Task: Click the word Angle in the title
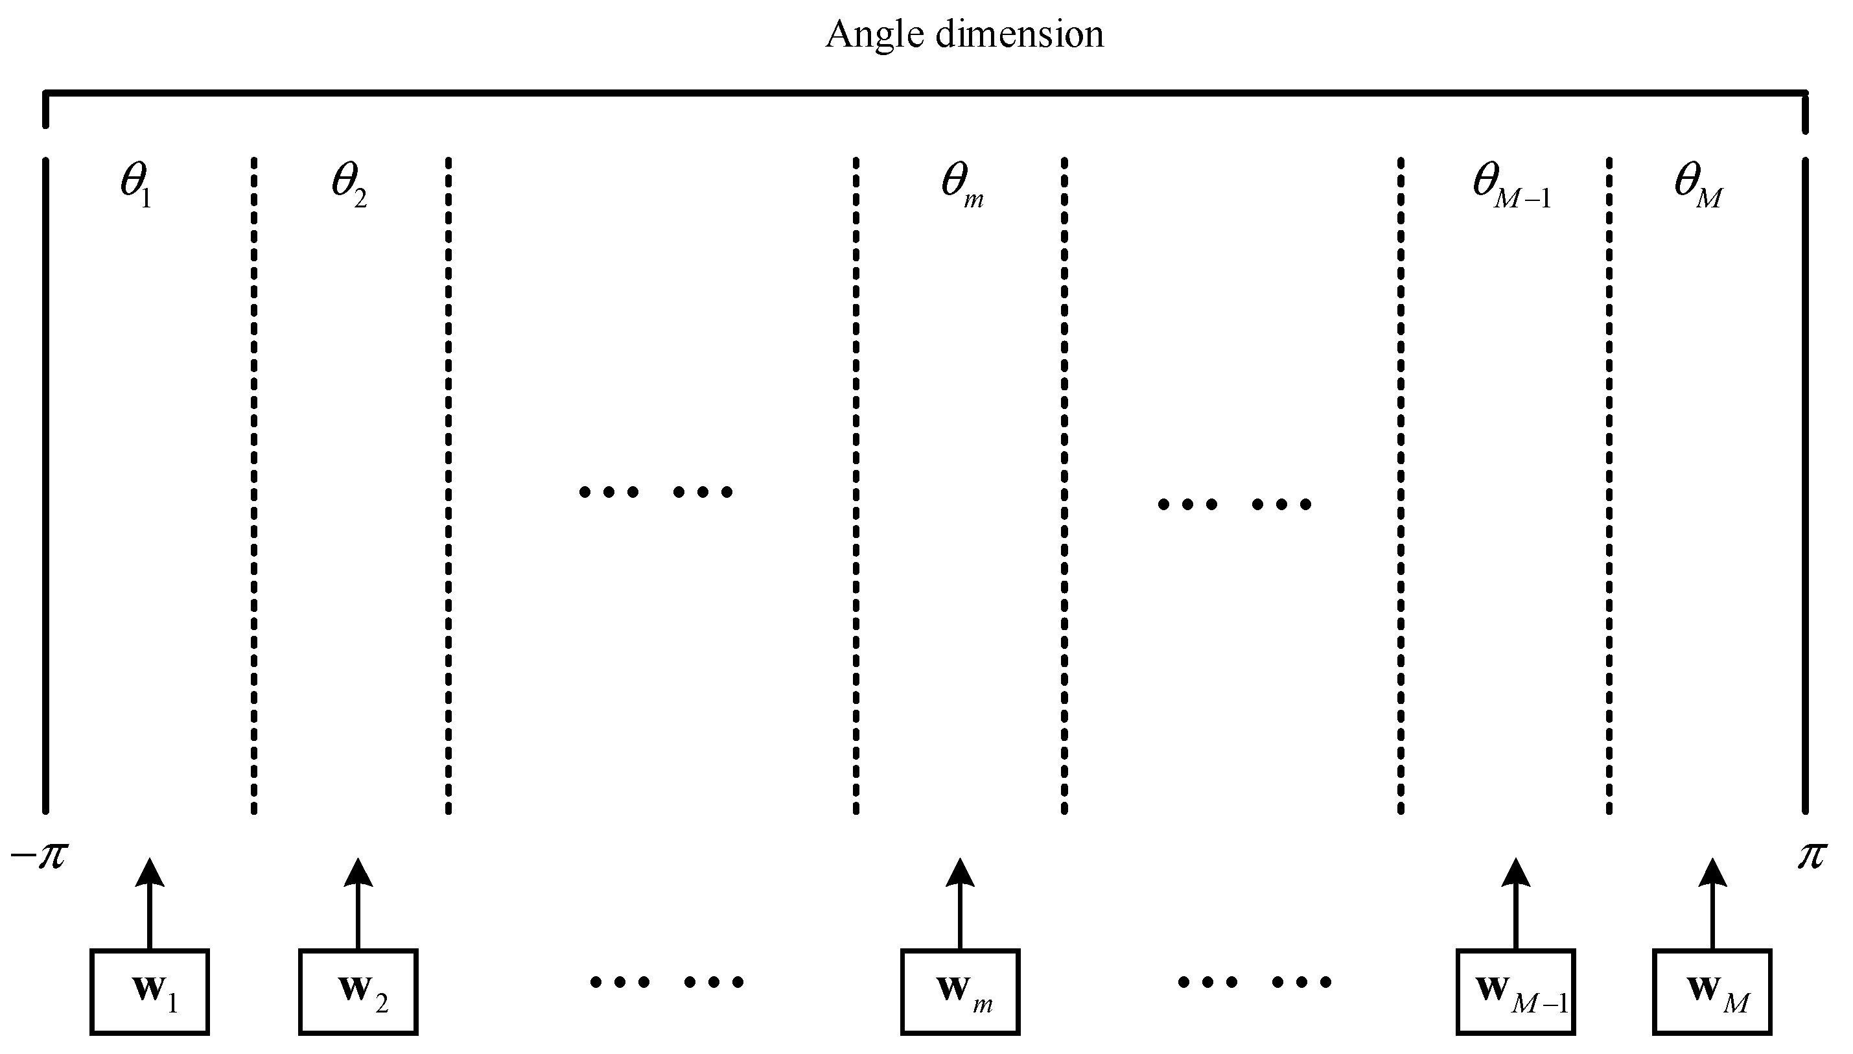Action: [874, 35]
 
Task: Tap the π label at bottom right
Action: [1812, 856]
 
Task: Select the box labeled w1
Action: [150, 991]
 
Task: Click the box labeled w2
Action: [358, 991]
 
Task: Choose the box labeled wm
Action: [961, 991]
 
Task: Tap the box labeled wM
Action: [1712, 991]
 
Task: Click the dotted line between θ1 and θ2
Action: [253, 485]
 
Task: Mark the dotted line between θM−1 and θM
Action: [1609, 485]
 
